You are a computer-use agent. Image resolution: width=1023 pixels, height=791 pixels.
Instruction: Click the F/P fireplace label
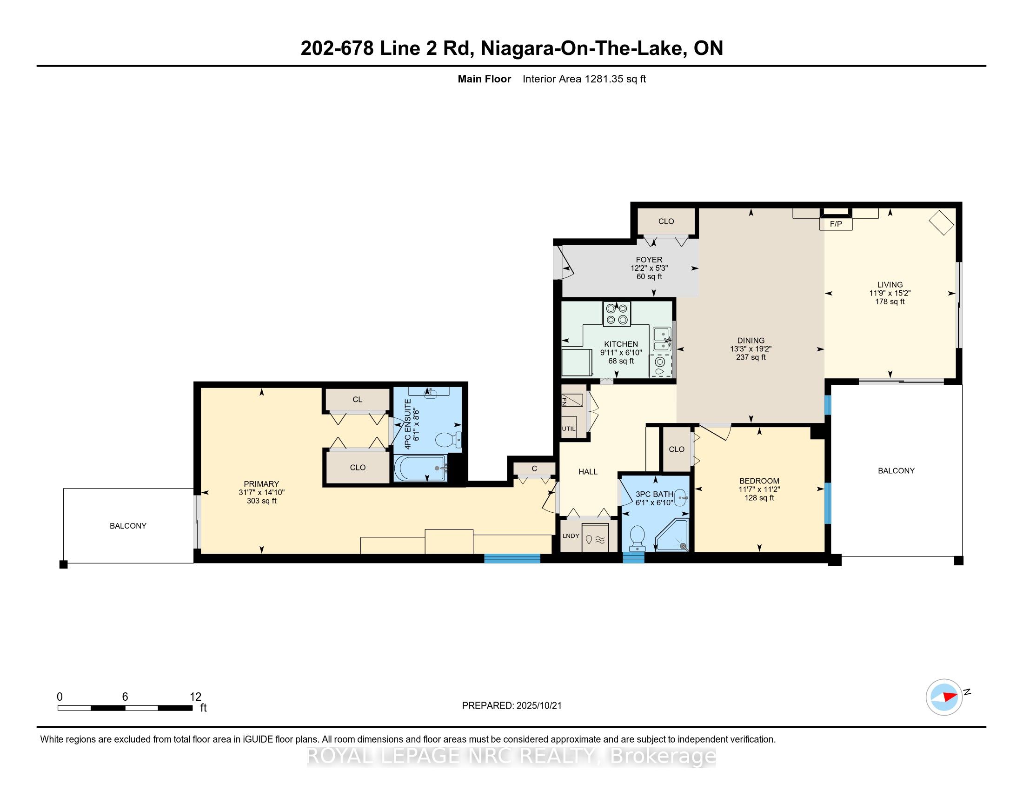[x=836, y=224]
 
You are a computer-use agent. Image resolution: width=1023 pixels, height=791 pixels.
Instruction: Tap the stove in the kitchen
[x=617, y=314]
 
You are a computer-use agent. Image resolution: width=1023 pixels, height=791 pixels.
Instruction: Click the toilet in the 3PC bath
[x=637, y=538]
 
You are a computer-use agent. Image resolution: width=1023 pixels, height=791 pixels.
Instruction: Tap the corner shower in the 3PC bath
[x=673, y=536]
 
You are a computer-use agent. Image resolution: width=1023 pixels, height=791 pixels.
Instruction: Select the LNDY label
[x=571, y=536]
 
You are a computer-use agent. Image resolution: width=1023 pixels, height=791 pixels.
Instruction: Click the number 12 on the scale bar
[x=195, y=697]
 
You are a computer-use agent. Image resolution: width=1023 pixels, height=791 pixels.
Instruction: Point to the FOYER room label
[x=649, y=260]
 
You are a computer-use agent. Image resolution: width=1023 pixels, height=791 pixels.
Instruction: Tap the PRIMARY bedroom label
[x=261, y=484]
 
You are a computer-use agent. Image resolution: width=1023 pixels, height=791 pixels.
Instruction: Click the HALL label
[x=588, y=472]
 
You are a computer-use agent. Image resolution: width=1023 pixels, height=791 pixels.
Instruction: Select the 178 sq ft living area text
[x=890, y=302]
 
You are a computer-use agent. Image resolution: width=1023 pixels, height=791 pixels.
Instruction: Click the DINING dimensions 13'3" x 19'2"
[x=751, y=349]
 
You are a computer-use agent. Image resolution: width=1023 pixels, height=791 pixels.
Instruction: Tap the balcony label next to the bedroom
[x=896, y=471]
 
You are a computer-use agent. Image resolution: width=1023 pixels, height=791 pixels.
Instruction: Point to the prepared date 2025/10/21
[x=538, y=706]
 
